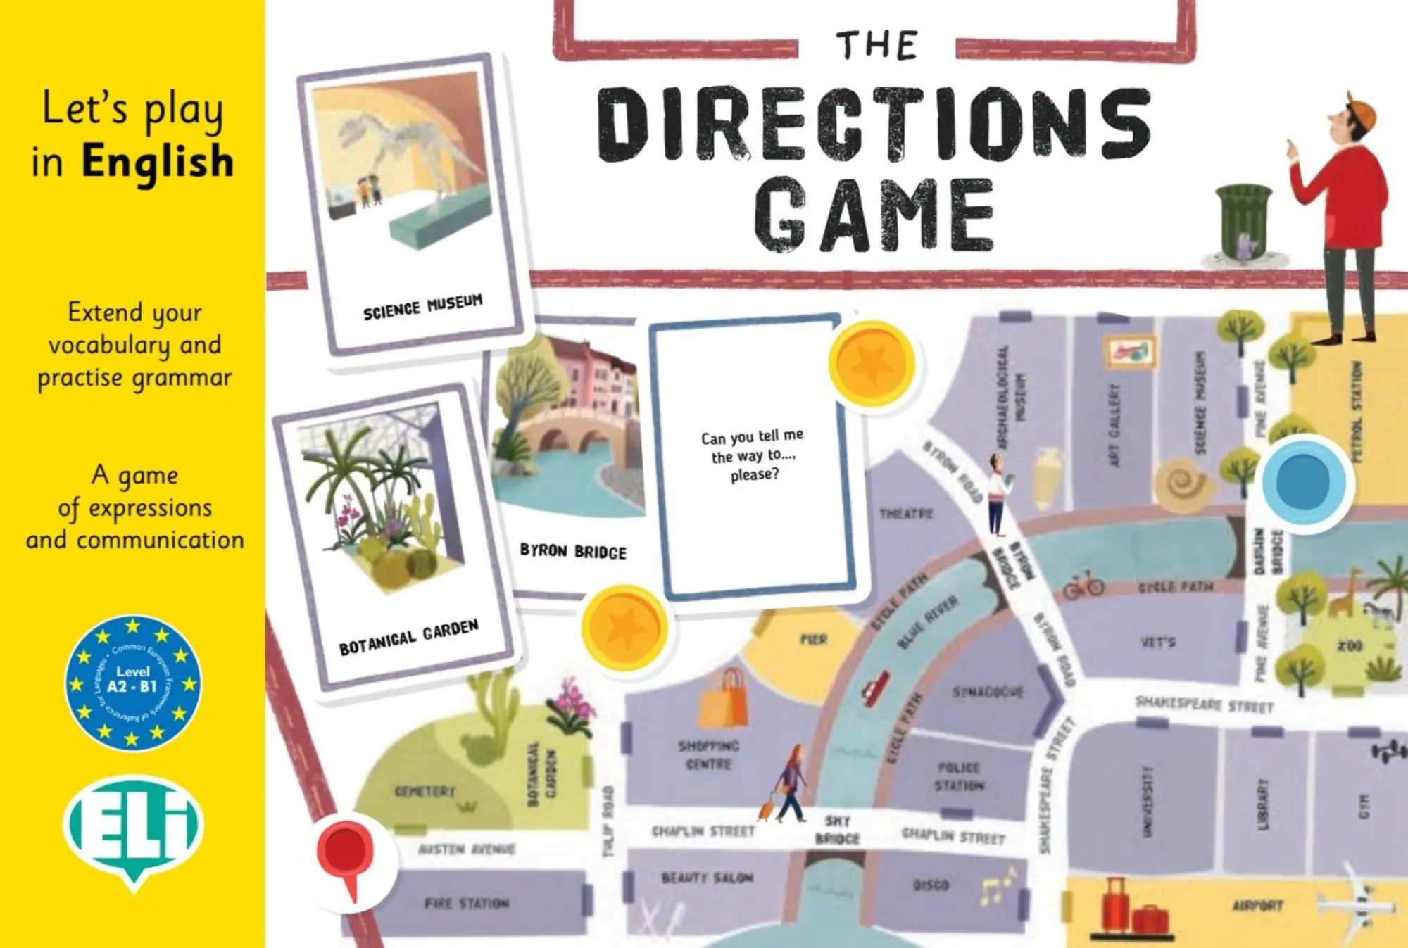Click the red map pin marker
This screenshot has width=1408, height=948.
point(345,853)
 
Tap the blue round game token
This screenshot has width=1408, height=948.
point(1303,483)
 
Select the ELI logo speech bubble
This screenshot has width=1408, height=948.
point(134,827)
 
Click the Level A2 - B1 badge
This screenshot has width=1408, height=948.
point(133,683)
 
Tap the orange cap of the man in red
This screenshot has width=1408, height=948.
point(1359,113)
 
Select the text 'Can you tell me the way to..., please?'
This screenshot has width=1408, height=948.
point(753,455)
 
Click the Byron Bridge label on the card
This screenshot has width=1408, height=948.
point(573,551)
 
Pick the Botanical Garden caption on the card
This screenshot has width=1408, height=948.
point(408,637)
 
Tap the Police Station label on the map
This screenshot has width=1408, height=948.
point(959,776)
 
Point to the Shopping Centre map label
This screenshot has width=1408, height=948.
point(709,754)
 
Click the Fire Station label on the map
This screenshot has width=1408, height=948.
point(466,903)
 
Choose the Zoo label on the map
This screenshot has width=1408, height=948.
point(1350,645)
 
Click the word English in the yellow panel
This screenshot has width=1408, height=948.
point(158,162)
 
